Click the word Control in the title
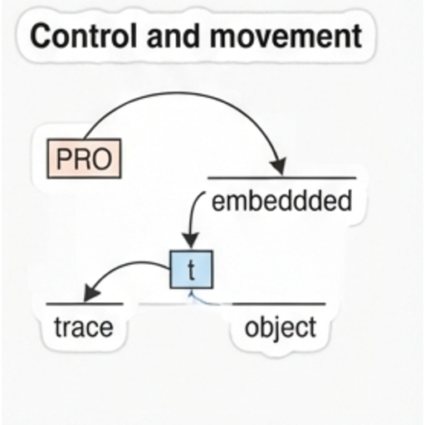point(83,36)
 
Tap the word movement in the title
point(286,36)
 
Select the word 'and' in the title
point(173,36)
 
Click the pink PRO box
point(84,159)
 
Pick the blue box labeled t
point(191,270)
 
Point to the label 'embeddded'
point(281,201)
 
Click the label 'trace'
point(84,327)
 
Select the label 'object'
point(281,329)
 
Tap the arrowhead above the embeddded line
point(278,167)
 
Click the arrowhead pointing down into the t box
point(190,241)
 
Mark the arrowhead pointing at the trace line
point(91,293)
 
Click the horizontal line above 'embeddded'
point(281,178)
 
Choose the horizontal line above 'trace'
point(85,304)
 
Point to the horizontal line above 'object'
point(279,304)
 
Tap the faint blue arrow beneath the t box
point(202,300)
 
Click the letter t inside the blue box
point(191,270)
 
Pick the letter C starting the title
point(41,37)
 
